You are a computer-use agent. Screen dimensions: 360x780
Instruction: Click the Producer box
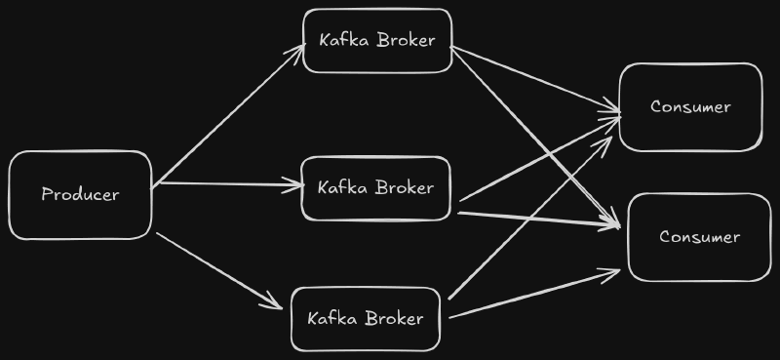80,195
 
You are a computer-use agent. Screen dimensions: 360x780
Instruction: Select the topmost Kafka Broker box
377,41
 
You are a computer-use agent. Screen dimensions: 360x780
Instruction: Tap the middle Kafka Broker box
375,187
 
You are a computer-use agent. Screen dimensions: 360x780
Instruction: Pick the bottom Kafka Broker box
366,319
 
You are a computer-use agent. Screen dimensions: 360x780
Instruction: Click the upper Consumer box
690,107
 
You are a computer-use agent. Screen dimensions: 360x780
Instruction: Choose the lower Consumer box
699,237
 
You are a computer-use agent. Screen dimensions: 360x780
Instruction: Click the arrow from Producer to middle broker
229,183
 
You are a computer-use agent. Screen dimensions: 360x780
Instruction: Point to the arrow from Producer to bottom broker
219,269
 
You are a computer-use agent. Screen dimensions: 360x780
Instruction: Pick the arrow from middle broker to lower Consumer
536,219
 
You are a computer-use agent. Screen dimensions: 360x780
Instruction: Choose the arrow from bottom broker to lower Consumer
536,293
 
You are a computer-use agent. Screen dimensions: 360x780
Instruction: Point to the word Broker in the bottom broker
395,319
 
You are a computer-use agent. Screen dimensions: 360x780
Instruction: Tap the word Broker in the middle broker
404,187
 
